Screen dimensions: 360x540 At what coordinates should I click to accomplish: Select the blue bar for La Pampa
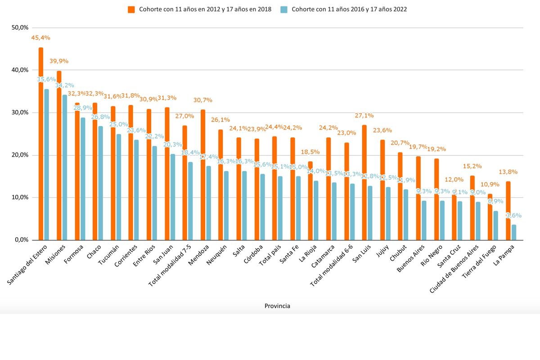(514, 232)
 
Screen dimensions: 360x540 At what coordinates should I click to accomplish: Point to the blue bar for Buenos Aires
(424, 220)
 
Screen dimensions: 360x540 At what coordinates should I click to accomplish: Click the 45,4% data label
(40, 38)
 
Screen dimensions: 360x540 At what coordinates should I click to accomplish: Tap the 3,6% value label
(511, 216)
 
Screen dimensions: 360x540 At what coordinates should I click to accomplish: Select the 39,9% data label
(59, 61)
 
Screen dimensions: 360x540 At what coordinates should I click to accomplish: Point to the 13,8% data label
(508, 172)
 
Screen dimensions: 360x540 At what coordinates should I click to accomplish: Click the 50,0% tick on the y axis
(20, 28)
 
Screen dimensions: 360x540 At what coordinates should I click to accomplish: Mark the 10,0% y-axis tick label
(20, 198)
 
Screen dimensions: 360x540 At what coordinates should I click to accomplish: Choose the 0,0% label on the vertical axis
(22, 240)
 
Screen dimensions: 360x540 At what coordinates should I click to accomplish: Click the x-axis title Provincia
(277, 306)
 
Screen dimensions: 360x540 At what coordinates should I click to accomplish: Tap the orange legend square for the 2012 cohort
(131, 9)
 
